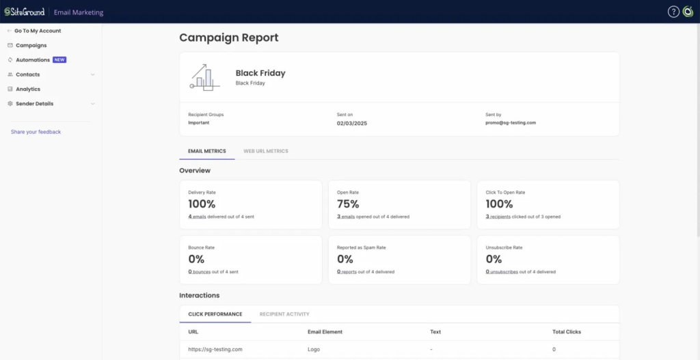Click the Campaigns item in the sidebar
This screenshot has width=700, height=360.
click(31, 45)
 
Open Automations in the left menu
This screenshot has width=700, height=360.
click(33, 60)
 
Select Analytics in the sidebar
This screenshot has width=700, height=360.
click(28, 89)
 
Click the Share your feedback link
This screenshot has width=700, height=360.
click(36, 132)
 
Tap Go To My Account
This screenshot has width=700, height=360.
click(38, 31)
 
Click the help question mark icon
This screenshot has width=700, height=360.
click(673, 12)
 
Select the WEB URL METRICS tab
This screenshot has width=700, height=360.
click(265, 151)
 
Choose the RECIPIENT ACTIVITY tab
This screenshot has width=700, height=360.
click(284, 314)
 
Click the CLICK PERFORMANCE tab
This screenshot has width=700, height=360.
click(215, 314)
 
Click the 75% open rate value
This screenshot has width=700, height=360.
click(349, 204)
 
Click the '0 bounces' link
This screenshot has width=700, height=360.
click(200, 272)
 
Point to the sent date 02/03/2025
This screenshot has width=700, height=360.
click(352, 123)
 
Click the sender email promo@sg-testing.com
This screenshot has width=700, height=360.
click(510, 123)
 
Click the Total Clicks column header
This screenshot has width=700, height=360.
click(566, 332)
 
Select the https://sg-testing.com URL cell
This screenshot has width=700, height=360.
click(215, 349)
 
